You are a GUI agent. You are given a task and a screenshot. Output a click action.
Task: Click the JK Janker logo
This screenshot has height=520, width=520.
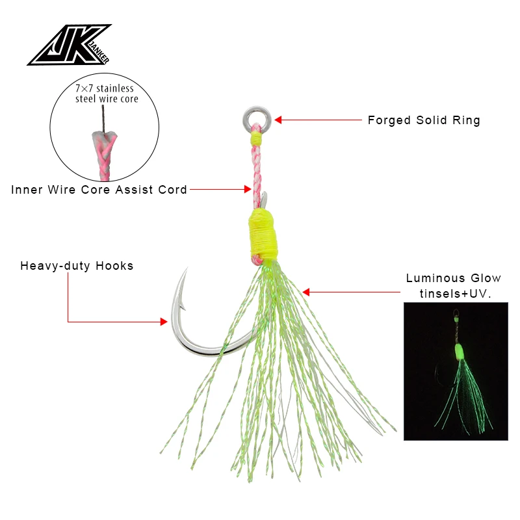click(x=69, y=45)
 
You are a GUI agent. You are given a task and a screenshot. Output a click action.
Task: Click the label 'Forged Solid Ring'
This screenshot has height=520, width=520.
click(x=424, y=120)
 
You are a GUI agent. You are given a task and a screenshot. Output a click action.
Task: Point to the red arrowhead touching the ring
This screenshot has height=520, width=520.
click(x=278, y=120)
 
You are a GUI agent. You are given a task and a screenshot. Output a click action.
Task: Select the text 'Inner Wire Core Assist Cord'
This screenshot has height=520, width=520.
click(x=99, y=190)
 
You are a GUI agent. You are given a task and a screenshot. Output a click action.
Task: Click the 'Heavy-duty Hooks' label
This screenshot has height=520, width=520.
click(x=77, y=266)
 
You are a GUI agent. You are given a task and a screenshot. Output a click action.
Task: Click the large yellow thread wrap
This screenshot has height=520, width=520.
click(x=263, y=233)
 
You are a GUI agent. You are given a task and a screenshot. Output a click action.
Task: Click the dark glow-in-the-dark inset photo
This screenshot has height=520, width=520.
click(x=455, y=371)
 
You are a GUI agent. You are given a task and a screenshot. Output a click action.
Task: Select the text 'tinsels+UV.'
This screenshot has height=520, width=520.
click(x=454, y=293)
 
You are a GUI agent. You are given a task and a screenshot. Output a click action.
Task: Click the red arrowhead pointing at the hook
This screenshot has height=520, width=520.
click(x=163, y=321)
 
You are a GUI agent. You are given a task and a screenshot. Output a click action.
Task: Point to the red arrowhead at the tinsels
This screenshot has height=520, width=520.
click(x=306, y=292)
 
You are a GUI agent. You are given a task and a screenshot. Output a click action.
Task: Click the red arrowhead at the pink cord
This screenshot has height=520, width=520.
click(x=247, y=190)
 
